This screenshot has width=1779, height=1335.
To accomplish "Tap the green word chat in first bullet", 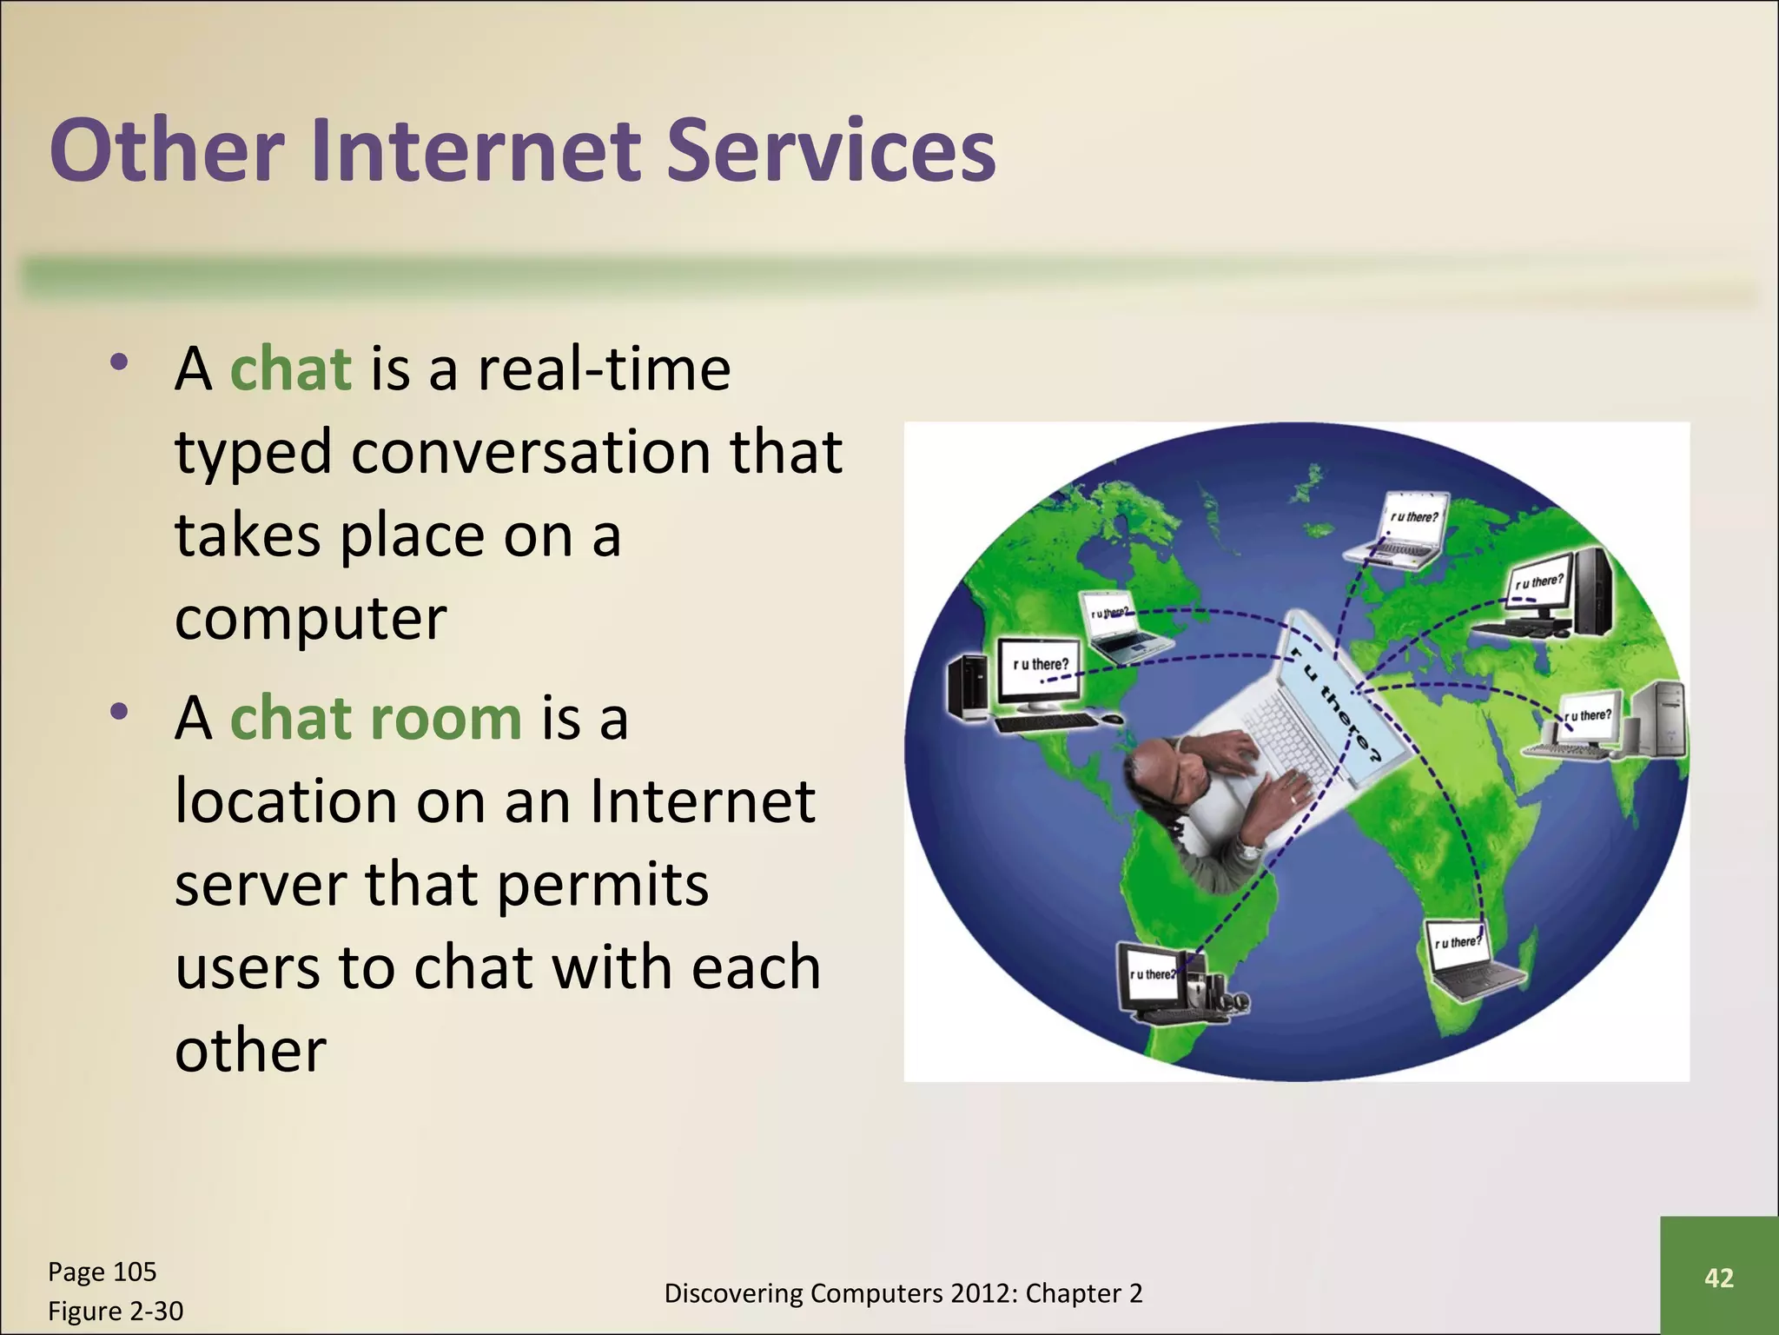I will (290, 369).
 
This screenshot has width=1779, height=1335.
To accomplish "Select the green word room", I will (446, 719).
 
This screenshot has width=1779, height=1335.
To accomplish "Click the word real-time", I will (604, 369).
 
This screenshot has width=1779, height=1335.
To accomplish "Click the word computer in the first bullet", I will (310, 619).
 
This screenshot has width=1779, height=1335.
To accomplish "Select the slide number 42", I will (1718, 1278).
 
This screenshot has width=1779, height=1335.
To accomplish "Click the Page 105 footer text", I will (102, 1272).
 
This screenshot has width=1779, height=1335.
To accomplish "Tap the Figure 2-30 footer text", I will (115, 1311).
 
